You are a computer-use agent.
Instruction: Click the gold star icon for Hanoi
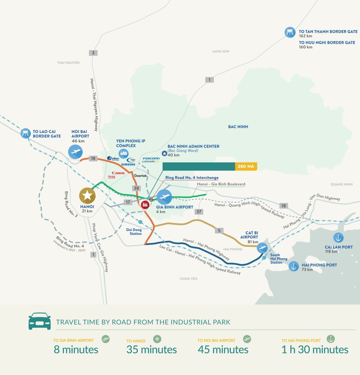(87, 196)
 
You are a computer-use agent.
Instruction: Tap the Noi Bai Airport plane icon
(75, 152)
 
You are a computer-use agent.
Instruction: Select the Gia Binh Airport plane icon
(164, 197)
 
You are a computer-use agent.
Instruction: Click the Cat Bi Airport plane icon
(262, 248)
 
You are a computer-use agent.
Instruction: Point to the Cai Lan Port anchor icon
(338, 238)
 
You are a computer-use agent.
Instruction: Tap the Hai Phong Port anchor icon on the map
(293, 267)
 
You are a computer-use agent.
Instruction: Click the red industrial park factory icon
(145, 205)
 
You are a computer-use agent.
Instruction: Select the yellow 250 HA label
(246, 167)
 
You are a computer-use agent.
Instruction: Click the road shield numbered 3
(93, 53)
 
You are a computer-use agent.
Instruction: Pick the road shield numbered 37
(199, 212)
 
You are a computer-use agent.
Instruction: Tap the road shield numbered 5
(219, 231)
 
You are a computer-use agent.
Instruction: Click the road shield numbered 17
(128, 202)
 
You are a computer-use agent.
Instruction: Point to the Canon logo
(118, 173)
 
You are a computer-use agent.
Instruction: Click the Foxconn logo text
(151, 159)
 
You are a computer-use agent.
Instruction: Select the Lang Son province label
(221, 51)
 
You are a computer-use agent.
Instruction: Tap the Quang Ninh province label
(342, 184)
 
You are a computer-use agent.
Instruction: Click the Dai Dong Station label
(134, 232)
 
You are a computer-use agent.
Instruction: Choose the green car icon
(39, 321)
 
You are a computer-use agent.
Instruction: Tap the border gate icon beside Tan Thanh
(290, 32)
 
